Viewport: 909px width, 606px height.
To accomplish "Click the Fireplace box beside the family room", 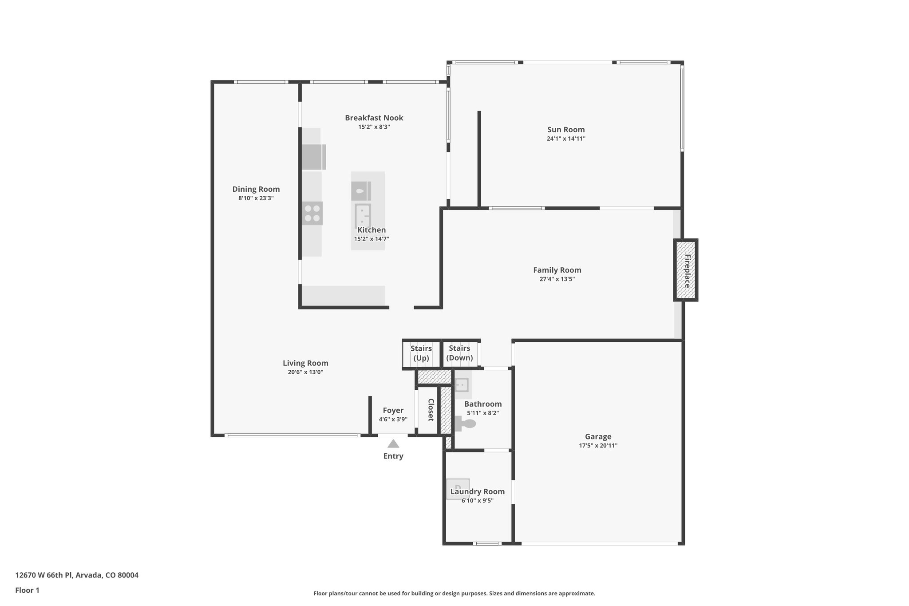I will tap(686, 270).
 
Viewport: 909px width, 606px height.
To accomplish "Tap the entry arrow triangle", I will tap(393, 444).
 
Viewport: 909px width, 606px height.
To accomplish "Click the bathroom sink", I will tap(462, 385).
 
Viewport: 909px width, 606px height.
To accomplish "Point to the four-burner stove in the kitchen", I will tap(312, 213).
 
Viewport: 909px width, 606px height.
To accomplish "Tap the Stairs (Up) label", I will tap(421, 353).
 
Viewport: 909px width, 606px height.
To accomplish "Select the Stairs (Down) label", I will tap(459, 353).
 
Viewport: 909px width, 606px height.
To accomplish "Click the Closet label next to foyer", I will tap(431, 410).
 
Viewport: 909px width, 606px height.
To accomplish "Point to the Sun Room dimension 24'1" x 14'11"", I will tap(566, 139).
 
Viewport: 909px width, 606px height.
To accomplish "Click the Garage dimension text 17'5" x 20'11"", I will tap(598, 446).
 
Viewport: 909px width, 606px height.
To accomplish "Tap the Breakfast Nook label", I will tap(374, 118).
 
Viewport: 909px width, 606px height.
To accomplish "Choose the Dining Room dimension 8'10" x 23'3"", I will tap(256, 198).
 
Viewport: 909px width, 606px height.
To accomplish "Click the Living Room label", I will tap(305, 363).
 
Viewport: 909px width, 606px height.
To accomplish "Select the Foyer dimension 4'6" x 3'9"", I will tap(393, 420).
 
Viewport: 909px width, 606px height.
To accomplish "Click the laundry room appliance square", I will tap(458, 489).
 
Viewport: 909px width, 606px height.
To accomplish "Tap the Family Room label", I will tap(557, 270).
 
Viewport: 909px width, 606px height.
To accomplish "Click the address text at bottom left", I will tap(77, 575).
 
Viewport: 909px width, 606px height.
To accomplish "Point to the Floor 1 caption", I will tap(27, 590).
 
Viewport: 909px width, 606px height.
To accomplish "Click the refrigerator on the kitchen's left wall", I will tap(313, 157).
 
